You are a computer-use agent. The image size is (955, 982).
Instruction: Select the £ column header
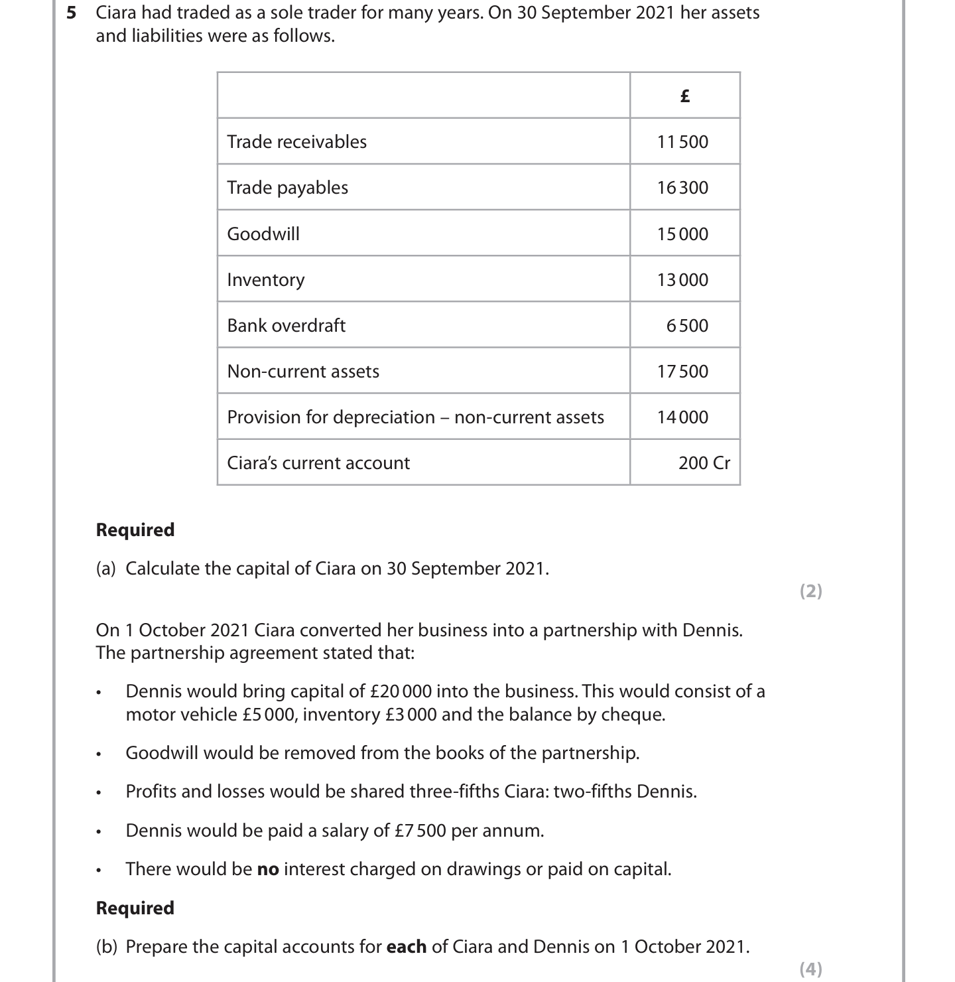(684, 96)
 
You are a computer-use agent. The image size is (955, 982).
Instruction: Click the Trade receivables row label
(296, 141)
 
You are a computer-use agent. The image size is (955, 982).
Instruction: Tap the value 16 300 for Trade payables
(682, 188)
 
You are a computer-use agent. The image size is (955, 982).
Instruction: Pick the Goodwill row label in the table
(263, 234)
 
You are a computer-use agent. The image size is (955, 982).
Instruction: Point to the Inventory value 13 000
(682, 280)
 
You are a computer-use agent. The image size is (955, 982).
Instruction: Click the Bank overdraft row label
(286, 325)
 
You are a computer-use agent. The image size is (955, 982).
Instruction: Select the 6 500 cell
(687, 326)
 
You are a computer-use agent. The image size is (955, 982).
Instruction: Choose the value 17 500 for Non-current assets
(682, 372)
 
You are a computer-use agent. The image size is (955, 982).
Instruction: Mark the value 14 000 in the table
(682, 417)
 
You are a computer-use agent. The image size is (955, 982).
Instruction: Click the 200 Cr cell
(704, 463)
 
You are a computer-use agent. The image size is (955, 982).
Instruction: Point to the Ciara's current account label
(318, 463)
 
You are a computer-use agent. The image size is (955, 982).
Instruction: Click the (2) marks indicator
(810, 591)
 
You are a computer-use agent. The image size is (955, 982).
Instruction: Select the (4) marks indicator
(810, 969)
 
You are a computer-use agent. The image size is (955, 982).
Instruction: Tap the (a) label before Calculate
(106, 569)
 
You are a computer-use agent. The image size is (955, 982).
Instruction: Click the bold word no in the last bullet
(268, 869)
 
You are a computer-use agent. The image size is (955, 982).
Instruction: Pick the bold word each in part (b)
(406, 946)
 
